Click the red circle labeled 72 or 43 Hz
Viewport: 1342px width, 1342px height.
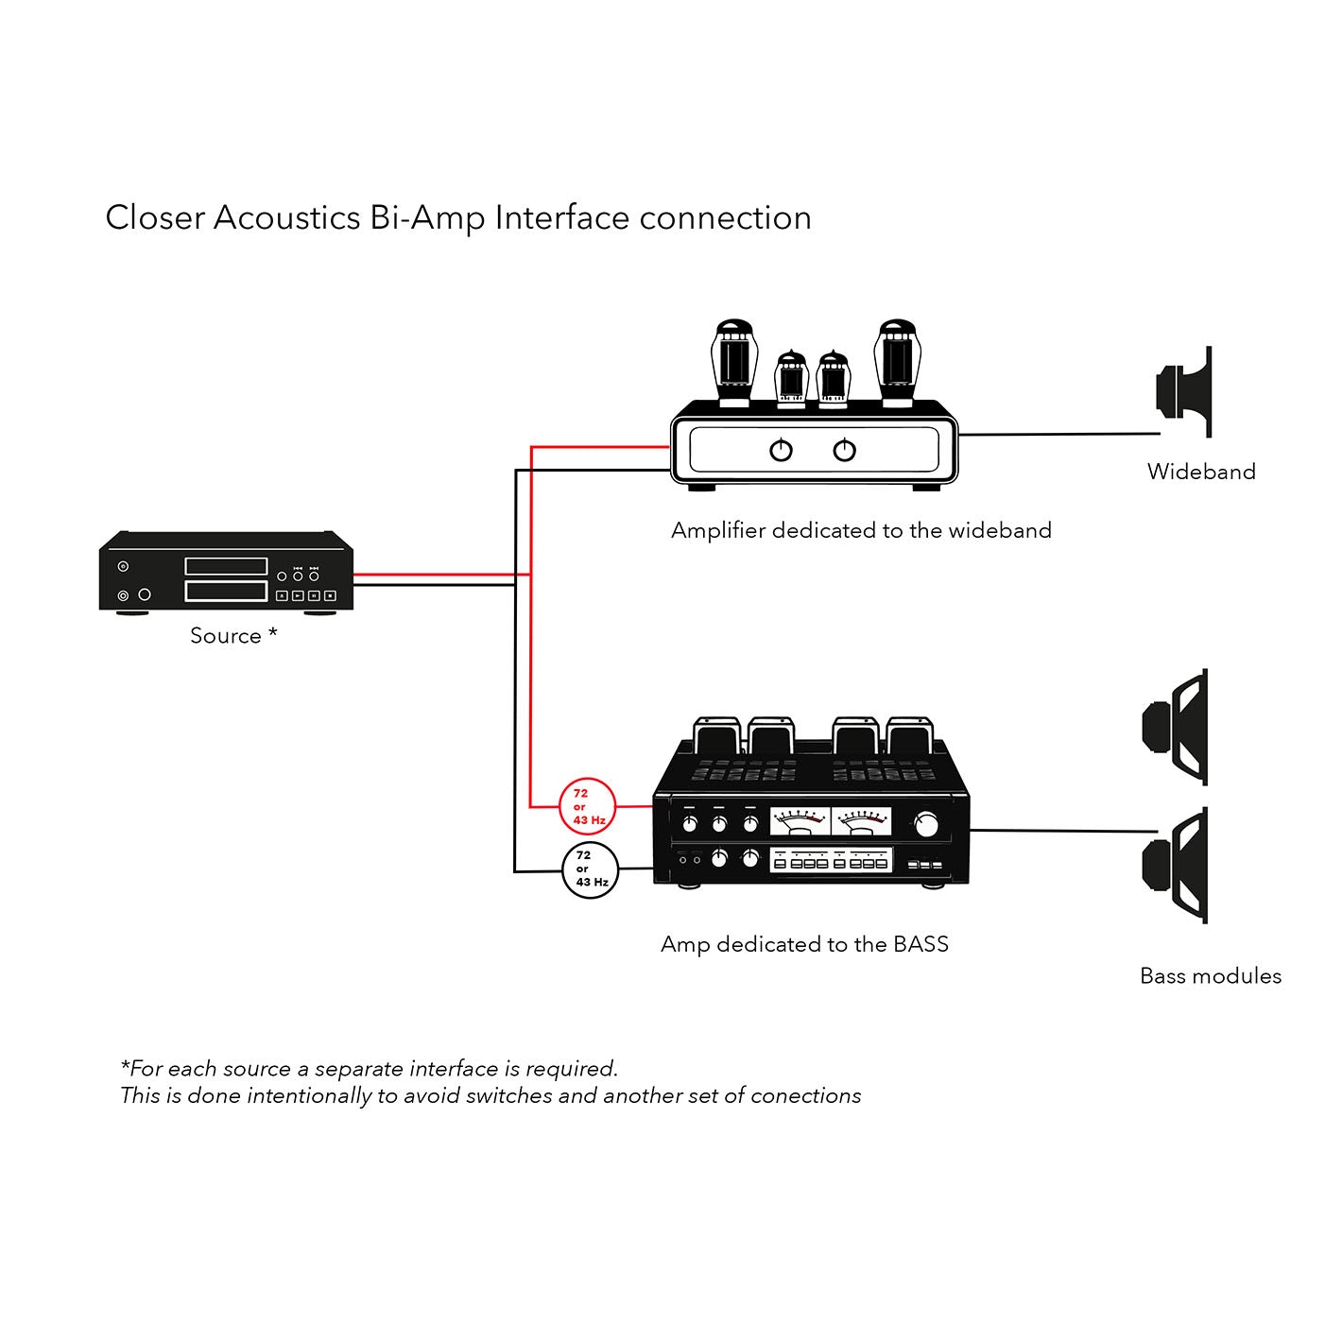[588, 806]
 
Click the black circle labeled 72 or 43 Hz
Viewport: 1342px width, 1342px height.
[590, 869]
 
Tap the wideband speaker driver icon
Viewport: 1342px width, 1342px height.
[1185, 390]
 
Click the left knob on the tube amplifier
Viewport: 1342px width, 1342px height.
[781, 451]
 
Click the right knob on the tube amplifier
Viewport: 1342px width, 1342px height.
[844, 451]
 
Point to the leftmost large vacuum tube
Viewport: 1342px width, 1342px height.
[734, 364]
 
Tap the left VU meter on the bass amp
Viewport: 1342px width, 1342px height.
[800, 821]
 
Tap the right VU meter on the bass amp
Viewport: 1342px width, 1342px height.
[861, 821]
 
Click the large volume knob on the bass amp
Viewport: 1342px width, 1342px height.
[927, 824]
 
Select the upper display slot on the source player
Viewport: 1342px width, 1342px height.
[226, 566]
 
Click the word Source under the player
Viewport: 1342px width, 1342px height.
[225, 636]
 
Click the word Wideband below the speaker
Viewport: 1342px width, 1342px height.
[1201, 472]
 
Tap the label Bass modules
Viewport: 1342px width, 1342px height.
[1211, 976]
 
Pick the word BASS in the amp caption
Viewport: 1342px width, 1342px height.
[920, 944]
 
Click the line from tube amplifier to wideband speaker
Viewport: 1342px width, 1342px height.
[1058, 435]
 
